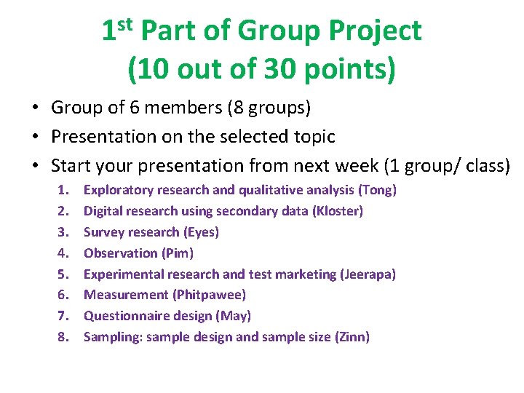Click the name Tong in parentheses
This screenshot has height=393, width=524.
coord(378,190)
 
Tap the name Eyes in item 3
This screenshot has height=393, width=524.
coord(199,232)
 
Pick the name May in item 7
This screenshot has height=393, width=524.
coord(236,316)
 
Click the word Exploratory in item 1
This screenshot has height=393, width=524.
coord(118,190)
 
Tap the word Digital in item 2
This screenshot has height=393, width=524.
coord(103,211)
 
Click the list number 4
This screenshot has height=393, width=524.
coord(63,253)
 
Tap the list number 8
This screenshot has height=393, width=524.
coord(63,337)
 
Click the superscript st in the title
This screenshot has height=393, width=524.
coord(124,24)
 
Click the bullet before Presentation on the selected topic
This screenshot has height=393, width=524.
coord(35,137)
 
